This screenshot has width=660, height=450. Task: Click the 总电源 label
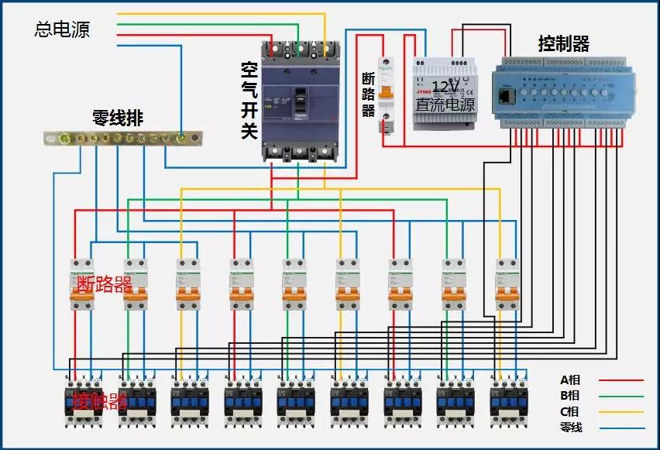click(62, 29)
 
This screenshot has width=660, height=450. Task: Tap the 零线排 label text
click(118, 119)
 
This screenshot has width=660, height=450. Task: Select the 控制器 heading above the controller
click(564, 44)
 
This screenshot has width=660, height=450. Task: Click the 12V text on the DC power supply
click(445, 86)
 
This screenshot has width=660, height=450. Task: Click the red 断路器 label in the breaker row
click(105, 284)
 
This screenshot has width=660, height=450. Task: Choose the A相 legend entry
click(571, 380)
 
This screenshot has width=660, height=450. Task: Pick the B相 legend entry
click(571, 396)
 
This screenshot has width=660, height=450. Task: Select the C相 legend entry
click(571, 411)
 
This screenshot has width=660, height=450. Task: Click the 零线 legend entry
click(571, 427)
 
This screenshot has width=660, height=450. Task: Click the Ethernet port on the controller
click(507, 96)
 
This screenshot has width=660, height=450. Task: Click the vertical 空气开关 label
click(249, 101)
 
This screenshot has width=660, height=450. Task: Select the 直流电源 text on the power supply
click(445, 103)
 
